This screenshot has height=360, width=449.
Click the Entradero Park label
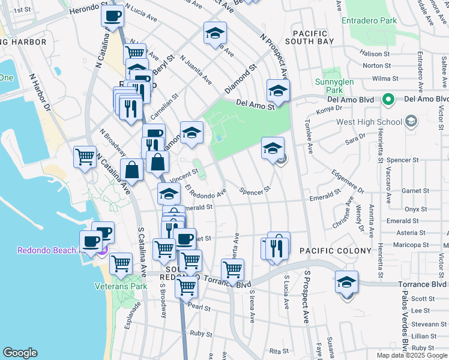[x=369, y=21]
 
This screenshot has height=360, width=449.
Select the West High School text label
[x=369, y=122]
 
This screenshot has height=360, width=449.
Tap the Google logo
[x=20, y=353]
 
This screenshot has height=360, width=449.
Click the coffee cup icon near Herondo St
[x=112, y=17]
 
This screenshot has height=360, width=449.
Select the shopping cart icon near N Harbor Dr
[x=85, y=157]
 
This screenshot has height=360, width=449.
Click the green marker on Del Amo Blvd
[x=388, y=99]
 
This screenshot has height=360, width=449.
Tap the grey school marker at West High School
[x=411, y=122]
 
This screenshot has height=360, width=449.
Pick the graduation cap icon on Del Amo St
[x=278, y=91]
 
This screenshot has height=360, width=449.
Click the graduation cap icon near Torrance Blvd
[x=346, y=282]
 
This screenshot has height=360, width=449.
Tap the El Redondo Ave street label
[x=206, y=193]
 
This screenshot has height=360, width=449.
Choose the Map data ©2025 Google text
[x=412, y=355]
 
